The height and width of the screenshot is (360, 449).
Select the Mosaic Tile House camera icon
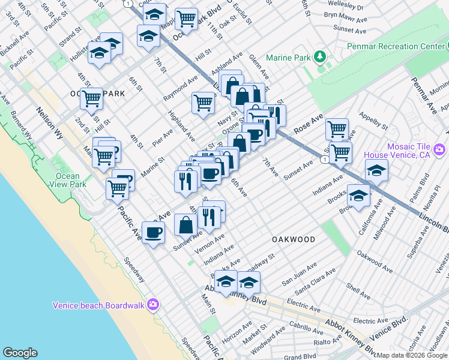439,149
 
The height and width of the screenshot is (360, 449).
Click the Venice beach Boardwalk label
98,305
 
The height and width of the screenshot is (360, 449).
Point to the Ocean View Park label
71,180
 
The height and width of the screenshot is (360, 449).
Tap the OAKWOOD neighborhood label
294,239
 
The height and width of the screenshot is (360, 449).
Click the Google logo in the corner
20,352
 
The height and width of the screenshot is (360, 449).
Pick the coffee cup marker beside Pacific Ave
152,232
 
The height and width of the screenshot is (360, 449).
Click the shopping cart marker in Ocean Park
91,98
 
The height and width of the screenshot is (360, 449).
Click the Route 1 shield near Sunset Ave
324,159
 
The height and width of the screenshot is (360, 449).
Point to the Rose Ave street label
308,124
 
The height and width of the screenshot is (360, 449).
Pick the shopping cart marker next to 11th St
187,19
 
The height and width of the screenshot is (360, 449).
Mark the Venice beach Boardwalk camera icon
153,305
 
